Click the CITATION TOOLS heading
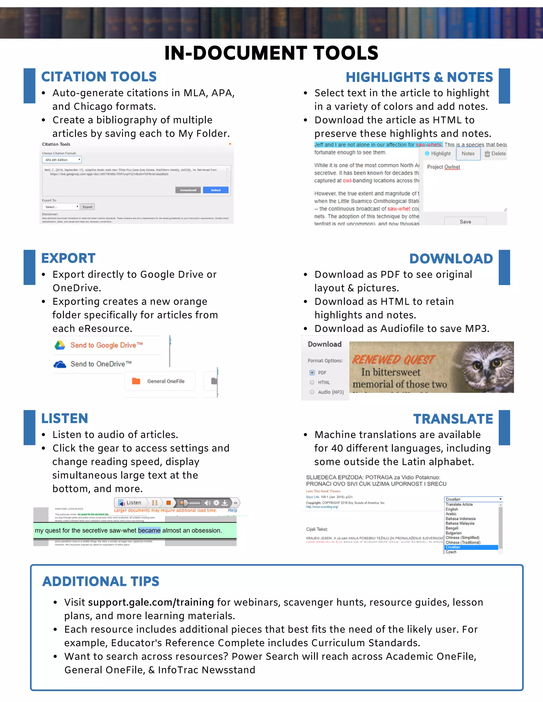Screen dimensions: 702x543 (x=99, y=77)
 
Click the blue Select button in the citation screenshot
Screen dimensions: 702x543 (x=216, y=190)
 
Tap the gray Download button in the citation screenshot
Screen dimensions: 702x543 (x=188, y=190)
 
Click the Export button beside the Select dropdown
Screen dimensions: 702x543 (x=87, y=207)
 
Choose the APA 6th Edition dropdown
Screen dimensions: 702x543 (x=62, y=160)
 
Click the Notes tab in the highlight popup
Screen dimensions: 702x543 (x=468, y=154)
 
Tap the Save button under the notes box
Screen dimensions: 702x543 (x=465, y=221)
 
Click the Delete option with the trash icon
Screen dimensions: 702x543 (x=495, y=154)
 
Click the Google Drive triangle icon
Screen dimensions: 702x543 (x=60, y=345)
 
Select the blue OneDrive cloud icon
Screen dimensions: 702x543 (x=60, y=364)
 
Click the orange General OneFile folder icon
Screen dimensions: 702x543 (x=136, y=381)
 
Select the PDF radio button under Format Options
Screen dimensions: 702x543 (x=312, y=372)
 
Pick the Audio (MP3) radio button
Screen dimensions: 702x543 (x=312, y=392)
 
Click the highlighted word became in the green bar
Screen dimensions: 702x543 (x=149, y=530)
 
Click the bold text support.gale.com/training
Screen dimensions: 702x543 (x=151, y=602)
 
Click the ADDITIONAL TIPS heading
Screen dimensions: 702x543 (x=101, y=581)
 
